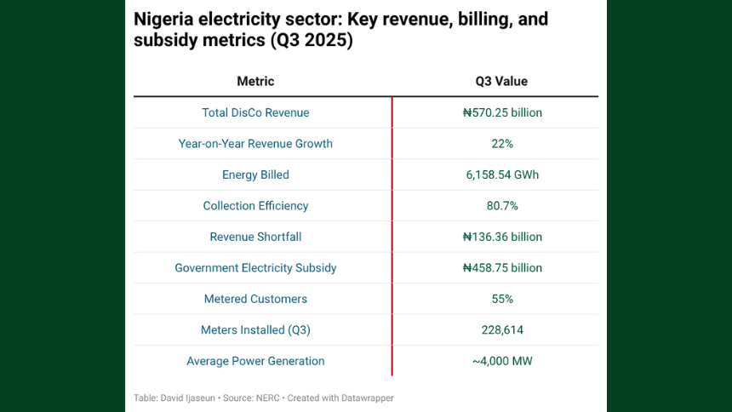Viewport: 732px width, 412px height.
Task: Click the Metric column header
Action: click(x=255, y=82)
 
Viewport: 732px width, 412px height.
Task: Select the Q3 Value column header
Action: click(x=501, y=82)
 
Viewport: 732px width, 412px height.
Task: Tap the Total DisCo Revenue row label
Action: click(x=255, y=112)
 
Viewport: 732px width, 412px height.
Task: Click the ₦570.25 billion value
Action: click(x=502, y=112)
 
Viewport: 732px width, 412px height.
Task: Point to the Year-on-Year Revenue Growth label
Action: click(x=255, y=144)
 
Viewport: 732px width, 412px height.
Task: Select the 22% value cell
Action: click(x=502, y=144)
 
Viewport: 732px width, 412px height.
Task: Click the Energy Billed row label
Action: click(x=255, y=175)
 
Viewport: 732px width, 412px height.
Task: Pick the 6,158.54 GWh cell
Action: click(x=502, y=175)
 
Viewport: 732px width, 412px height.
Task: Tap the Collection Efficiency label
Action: click(x=255, y=206)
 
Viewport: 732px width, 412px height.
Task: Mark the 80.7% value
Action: click(x=502, y=206)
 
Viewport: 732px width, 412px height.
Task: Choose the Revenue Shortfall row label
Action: click(x=255, y=237)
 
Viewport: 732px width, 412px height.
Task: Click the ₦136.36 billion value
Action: click(x=502, y=237)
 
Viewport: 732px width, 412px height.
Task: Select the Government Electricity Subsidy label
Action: click(x=255, y=268)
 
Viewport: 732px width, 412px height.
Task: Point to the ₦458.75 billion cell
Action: click(x=502, y=268)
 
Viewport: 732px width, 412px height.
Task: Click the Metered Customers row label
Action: click(x=255, y=299)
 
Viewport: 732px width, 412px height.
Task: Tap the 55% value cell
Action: click(x=502, y=299)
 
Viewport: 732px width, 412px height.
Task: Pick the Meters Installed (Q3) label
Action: click(x=255, y=330)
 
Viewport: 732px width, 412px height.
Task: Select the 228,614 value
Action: click(x=502, y=330)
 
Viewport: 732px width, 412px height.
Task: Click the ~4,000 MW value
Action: click(x=502, y=361)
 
